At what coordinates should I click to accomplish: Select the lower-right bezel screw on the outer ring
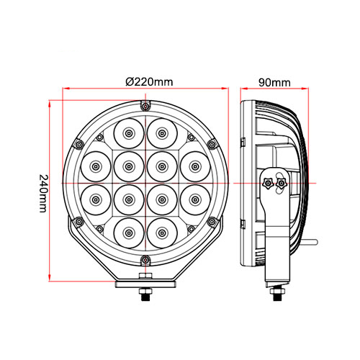pos(215,223)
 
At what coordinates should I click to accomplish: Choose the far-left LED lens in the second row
pos(94,166)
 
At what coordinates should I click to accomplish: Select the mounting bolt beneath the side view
pos(276,293)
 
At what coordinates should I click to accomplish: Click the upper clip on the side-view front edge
pos(243,138)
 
